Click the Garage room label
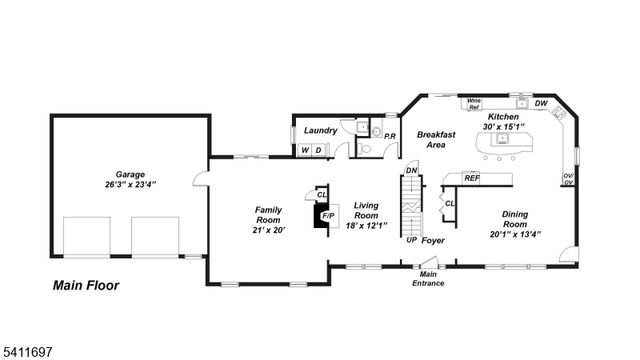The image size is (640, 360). click(130, 173)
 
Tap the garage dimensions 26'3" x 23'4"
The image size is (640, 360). click(130, 184)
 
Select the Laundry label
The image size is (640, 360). click(320, 130)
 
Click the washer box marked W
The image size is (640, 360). click(304, 150)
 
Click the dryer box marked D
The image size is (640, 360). click(317, 150)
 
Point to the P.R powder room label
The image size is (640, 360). click(390, 135)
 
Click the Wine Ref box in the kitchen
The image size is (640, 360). click(474, 102)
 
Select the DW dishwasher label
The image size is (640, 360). click(541, 103)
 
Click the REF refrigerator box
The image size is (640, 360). click(471, 178)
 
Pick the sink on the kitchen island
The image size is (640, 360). click(502, 141)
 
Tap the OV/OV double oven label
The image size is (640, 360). click(568, 180)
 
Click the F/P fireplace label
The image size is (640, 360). click(326, 214)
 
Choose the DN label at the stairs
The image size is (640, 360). click(410, 170)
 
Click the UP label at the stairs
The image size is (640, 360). click(411, 240)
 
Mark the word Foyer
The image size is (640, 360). click(433, 240)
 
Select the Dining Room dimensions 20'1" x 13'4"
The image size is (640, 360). click(515, 235)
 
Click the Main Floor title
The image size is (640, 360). click(85, 285)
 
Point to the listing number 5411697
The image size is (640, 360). click(30, 352)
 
